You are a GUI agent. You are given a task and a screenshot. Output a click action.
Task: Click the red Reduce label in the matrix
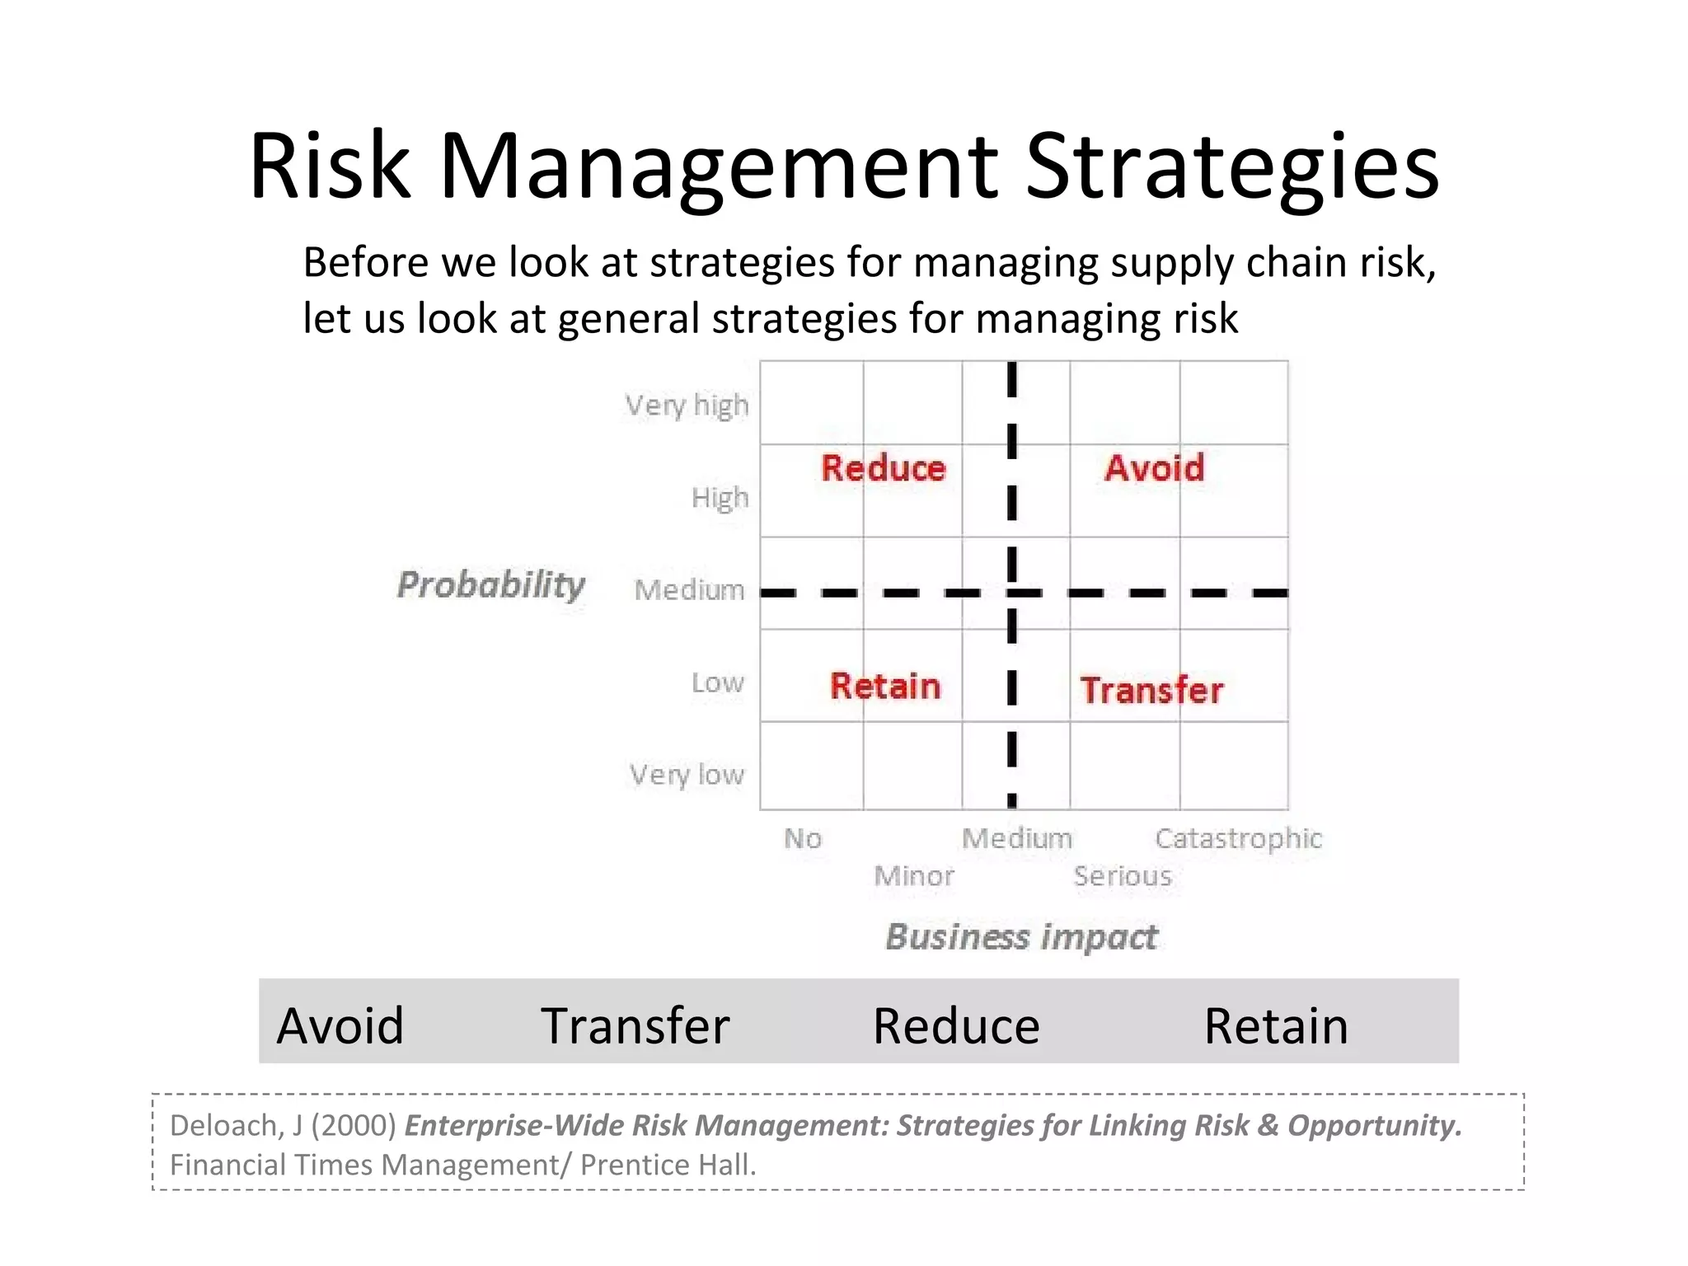point(884,468)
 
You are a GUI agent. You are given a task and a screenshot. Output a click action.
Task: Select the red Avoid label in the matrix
point(1154,468)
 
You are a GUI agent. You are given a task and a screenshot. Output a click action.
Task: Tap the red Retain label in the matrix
point(885,687)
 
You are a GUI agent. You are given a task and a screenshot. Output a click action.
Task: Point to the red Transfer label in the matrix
point(1151,691)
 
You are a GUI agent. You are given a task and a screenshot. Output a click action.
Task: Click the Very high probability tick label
point(687,406)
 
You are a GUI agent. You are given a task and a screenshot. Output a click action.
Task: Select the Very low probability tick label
point(687,775)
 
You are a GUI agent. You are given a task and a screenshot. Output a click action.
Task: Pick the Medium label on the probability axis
point(689,590)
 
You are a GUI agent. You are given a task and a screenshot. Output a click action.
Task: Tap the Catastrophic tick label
point(1238,838)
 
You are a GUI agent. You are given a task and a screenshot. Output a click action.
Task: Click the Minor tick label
point(913,875)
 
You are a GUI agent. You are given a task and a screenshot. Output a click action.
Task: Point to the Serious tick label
point(1123,875)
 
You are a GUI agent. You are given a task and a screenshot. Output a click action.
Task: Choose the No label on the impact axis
point(803,838)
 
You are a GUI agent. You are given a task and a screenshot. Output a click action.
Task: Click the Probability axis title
point(491,584)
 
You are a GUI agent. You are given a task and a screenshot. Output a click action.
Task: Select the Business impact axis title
point(1021,937)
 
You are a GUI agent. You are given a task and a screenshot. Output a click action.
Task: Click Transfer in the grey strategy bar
point(635,1026)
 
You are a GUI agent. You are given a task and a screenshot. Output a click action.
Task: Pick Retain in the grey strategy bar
point(1276,1026)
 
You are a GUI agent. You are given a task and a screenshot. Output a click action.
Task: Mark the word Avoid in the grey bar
point(340,1026)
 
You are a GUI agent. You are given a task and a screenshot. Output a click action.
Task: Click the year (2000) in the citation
point(354,1126)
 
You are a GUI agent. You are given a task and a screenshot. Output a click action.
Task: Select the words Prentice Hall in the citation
point(668,1165)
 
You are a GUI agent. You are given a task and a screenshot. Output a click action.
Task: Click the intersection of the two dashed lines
point(1012,593)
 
